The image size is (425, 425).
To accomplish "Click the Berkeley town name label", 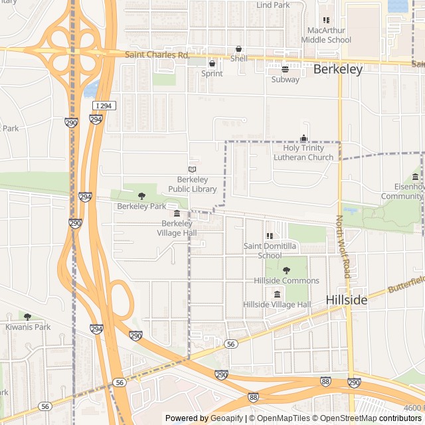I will (x=337, y=69).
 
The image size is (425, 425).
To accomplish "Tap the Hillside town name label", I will (x=347, y=300).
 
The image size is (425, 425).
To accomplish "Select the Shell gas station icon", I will (x=238, y=49).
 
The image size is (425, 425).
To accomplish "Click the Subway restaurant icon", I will (x=286, y=70).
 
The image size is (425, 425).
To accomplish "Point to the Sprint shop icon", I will (x=212, y=64).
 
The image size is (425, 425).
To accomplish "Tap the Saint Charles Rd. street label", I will (x=157, y=54).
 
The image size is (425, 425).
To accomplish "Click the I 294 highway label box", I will (x=104, y=106).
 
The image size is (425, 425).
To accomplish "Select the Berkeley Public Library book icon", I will (x=193, y=169).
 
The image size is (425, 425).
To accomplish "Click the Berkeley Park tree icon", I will (x=141, y=196).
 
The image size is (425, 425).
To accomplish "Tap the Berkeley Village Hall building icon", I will (x=177, y=214).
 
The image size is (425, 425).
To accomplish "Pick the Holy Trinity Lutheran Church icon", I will (x=304, y=138).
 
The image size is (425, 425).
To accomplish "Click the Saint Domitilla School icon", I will (x=270, y=236).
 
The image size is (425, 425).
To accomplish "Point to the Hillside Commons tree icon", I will (x=287, y=270).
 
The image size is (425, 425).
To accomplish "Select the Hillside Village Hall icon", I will (x=277, y=294).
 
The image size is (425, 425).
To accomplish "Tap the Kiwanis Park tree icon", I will (x=27, y=317).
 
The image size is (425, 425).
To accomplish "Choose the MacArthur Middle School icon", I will (x=325, y=21).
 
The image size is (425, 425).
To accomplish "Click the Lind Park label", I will (x=273, y=5).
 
